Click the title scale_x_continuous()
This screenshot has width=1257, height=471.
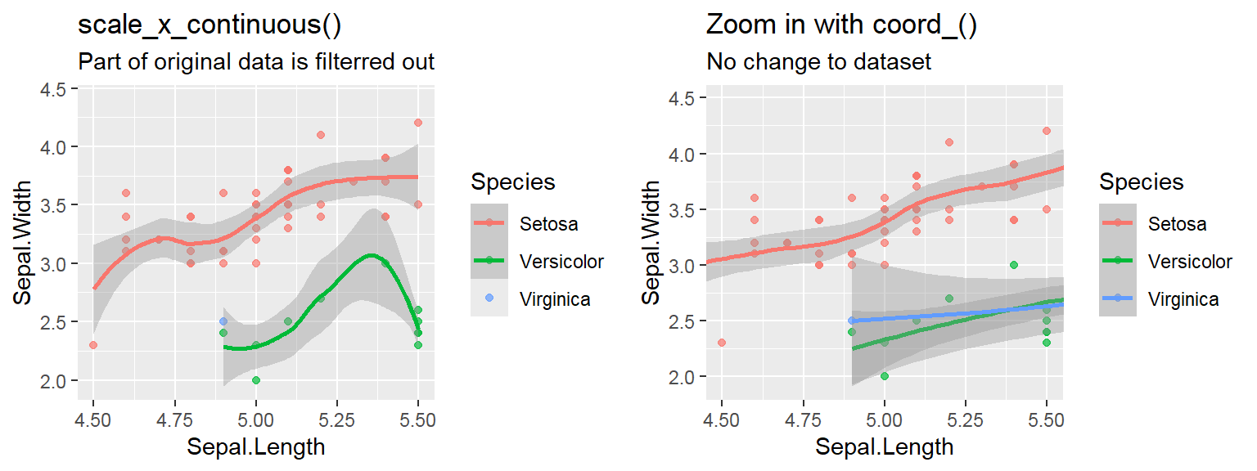(x=209, y=25)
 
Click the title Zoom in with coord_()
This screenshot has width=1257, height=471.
(x=842, y=25)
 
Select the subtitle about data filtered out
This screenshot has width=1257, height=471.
(x=256, y=62)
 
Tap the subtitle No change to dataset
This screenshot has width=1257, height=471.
(x=818, y=62)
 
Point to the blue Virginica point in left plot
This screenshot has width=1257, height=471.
(x=223, y=321)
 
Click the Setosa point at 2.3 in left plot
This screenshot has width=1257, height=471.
(x=93, y=345)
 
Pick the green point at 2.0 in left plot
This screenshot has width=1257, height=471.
(x=256, y=380)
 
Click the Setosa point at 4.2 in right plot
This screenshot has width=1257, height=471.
(x=1046, y=131)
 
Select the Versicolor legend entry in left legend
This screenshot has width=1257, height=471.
(x=561, y=262)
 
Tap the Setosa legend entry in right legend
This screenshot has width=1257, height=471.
(x=1177, y=223)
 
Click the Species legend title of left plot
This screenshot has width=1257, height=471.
(x=513, y=182)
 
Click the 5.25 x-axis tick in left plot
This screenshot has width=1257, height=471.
(x=337, y=420)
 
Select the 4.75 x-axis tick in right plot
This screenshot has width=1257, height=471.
(x=803, y=420)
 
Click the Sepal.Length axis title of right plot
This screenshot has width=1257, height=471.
(x=884, y=446)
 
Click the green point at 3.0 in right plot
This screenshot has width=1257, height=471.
(x=1013, y=265)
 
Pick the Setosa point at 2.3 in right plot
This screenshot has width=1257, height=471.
(x=722, y=343)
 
